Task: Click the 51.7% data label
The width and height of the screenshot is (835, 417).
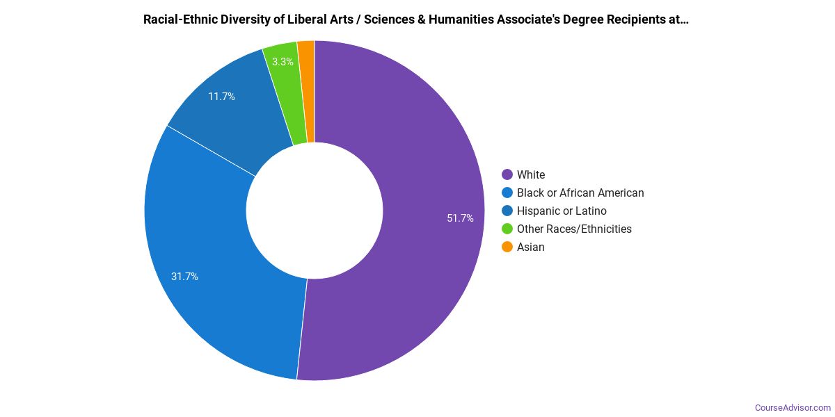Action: click(460, 218)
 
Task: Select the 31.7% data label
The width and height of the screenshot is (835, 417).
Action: click(184, 277)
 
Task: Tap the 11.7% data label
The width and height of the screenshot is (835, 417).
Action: click(221, 97)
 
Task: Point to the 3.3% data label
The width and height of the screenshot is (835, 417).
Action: click(283, 62)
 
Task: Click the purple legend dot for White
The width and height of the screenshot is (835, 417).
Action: click(507, 174)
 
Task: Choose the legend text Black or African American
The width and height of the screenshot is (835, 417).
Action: click(580, 193)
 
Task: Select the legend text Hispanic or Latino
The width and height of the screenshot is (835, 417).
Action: click(562, 211)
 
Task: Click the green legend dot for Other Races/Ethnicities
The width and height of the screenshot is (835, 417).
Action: click(507, 229)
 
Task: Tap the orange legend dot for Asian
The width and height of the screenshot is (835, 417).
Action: click(507, 247)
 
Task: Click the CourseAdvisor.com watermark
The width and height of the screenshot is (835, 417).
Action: click(793, 408)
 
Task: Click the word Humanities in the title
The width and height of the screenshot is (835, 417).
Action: click(459, 19)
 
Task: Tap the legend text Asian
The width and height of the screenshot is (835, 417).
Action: click(531, 247)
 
